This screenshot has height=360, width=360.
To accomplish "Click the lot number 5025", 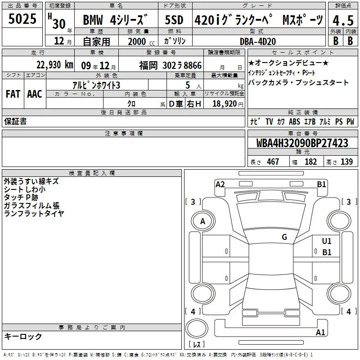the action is [x=22, y=19].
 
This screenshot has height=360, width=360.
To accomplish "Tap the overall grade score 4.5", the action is [x=343, y=20].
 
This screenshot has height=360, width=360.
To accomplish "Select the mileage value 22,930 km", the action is [x=55, y=65].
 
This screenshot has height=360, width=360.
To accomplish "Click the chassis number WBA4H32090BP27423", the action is [x=302, y=143].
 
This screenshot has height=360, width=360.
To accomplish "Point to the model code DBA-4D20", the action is [x=258, y=41].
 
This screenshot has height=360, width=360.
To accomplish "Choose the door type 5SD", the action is [x=174, y=20].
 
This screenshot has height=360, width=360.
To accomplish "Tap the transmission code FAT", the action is [x=13, y=94].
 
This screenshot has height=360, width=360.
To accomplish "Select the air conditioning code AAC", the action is [x=35, y=94].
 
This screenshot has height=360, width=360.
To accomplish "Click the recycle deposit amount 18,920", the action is [x=225, y=103].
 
